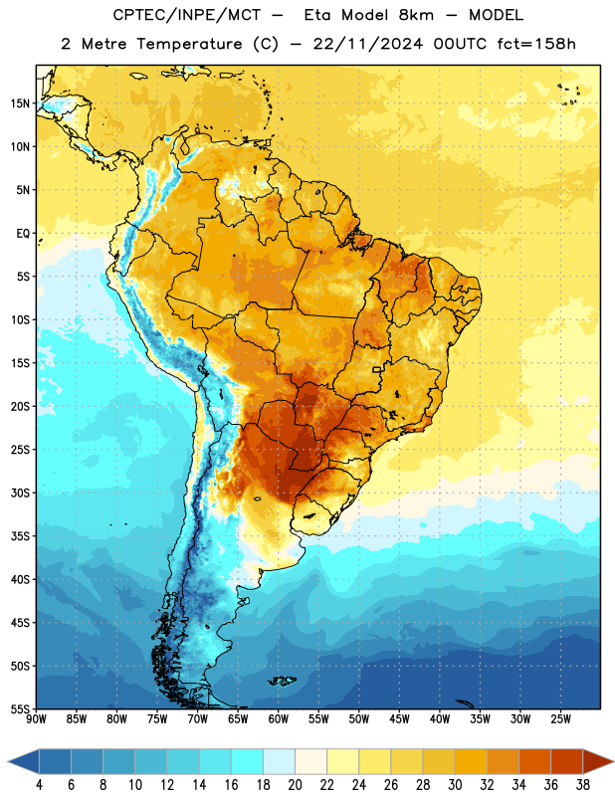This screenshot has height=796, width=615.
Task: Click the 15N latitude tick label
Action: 20,103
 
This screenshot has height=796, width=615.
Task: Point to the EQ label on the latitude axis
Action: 23,234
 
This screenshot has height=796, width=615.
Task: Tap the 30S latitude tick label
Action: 20,493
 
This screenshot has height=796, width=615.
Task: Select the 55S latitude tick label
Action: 20,709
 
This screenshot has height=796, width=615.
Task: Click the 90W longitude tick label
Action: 36,719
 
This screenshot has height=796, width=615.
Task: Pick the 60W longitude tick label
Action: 279,719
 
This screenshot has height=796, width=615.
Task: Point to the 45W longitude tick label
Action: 399,719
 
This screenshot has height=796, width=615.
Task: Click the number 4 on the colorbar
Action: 39,785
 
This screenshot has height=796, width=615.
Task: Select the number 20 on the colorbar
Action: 295,785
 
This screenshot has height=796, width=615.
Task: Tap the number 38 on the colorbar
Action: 583,785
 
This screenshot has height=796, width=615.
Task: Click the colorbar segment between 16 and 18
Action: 247,761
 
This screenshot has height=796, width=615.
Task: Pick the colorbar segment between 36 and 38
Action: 567,761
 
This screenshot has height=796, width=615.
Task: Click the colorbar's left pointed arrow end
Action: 9,761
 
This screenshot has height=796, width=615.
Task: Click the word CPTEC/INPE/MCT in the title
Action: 187,15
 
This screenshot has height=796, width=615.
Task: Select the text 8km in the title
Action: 416,15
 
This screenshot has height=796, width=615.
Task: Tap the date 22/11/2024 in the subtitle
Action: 367,44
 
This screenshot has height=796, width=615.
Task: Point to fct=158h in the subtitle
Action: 536,44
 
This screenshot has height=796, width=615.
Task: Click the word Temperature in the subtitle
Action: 189,44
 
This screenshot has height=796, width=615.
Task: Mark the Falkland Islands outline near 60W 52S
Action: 283,681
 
